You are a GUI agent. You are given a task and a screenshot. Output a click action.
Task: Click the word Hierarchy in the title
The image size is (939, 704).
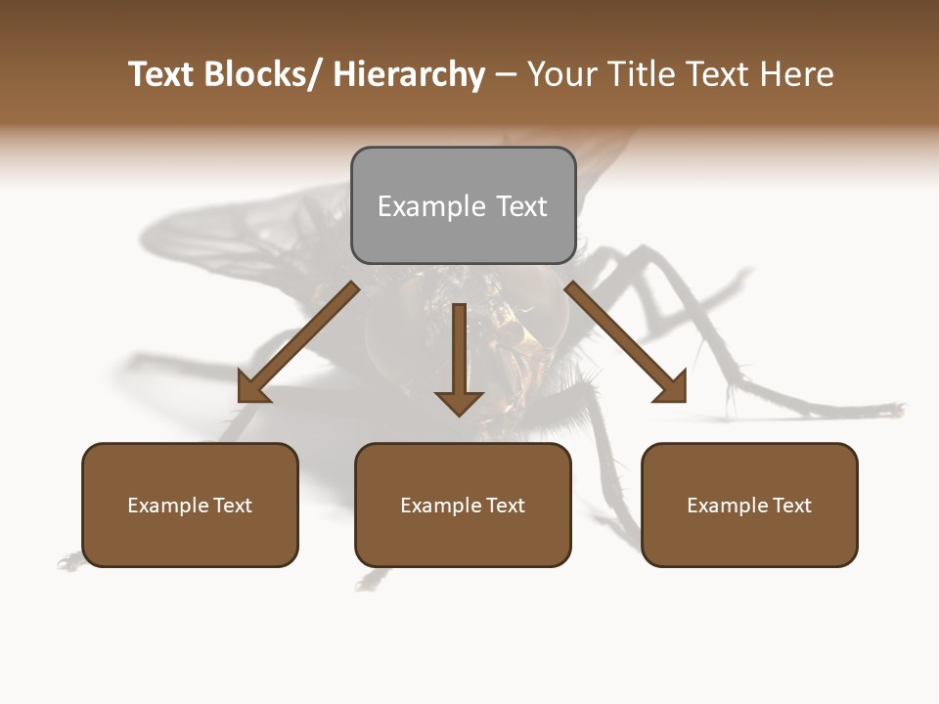pyautogui.click(x=409, y=75)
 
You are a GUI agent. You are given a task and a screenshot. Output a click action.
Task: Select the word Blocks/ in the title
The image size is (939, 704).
pyautogui.click(x=264, y=75)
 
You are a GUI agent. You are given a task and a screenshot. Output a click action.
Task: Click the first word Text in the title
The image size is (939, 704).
pyautogui.click(x=162, y=75)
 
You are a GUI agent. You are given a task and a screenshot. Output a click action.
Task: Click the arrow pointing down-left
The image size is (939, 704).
pyautogui.click(x=298, y=342)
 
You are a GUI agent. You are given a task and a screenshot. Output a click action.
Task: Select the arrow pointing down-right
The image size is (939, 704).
pyautogui.click(x=626, y=342)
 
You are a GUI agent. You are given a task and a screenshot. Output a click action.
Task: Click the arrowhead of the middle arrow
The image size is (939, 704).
pyautogui.click(x=459, y=402)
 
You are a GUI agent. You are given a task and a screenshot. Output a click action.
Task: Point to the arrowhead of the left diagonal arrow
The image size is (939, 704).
pyautogui.click(x=252, y=389)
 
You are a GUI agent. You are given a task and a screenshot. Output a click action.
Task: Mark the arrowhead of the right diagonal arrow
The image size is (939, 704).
pyautogui.click(x=671, y=389)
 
